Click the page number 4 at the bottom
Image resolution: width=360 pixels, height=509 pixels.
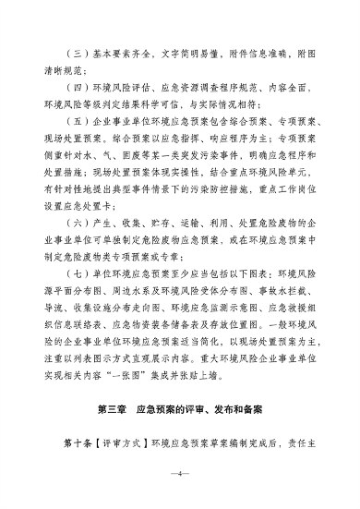180,474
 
